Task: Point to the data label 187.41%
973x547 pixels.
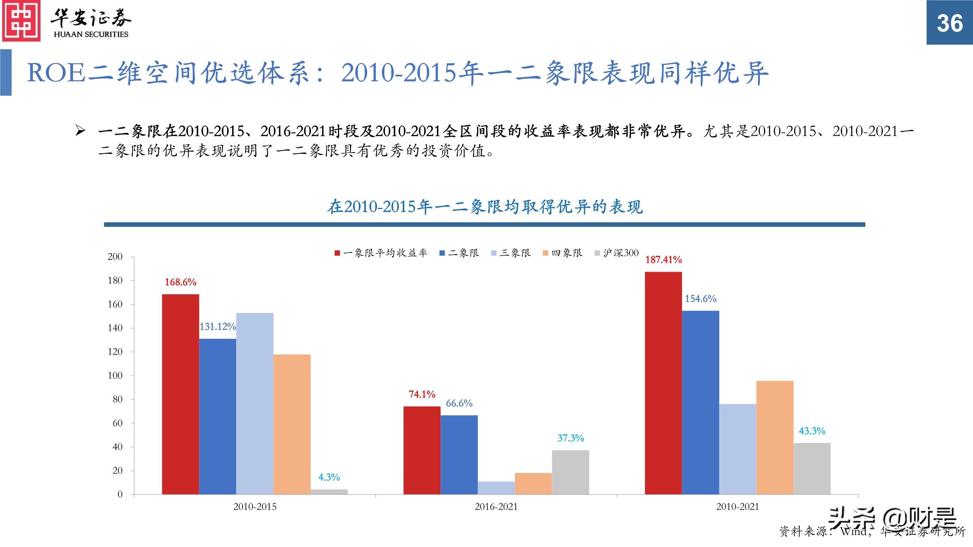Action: (663, 260)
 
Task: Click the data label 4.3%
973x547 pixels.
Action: (329, 477)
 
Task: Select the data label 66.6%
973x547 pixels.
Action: (459, 403)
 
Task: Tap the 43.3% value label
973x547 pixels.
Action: (812, 431)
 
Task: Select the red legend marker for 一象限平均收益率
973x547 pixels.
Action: (337, 253)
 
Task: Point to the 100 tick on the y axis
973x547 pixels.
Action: (115, 376)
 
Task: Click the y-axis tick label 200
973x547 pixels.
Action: (115, 257)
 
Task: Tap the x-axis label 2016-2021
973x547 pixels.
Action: (496, 507)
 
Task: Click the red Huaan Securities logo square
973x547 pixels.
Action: (21, 21)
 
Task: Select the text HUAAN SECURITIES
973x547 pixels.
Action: (91, 34)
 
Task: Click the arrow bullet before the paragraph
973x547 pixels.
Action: (80, 131)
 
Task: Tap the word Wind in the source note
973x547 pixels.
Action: (854, 532)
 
